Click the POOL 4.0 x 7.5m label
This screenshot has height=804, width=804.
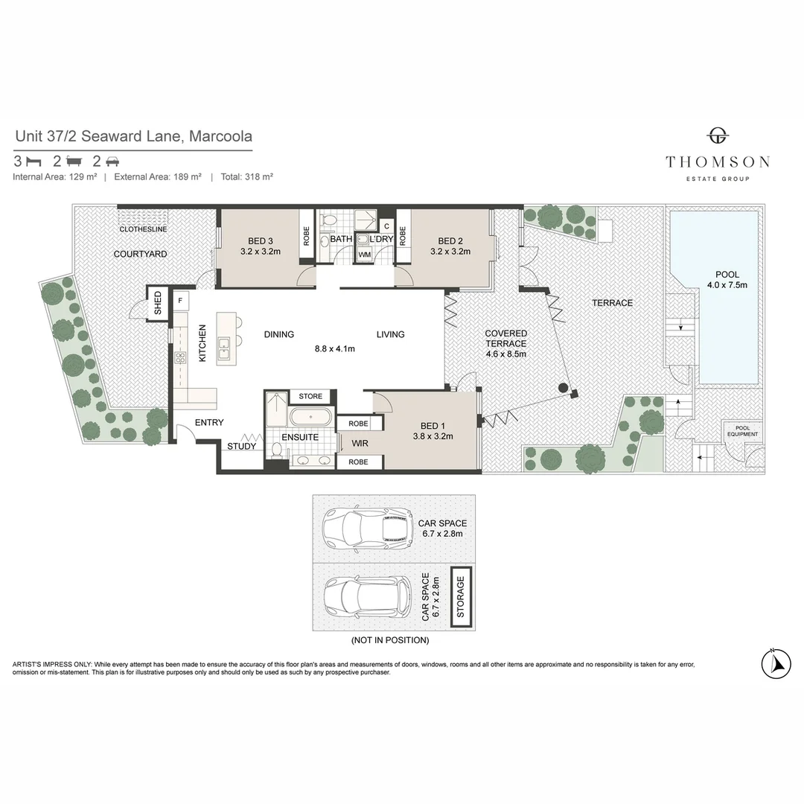click(x=727, y=279)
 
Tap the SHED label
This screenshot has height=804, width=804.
click(x=158, y=302)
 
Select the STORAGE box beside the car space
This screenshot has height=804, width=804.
click(x=461, y=597)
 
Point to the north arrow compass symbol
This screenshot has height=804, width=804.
click(x=776, y=664)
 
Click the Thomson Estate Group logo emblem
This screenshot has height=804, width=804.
click(x=718, y=136)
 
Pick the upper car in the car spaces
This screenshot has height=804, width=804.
click(x=368, y=528)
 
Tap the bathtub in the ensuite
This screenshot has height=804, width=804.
click(x=310, y=416)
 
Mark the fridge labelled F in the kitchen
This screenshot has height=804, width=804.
click(x=180, y=301)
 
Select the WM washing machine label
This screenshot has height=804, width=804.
click(x=364, y=255)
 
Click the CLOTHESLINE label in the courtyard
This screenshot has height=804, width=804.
click(x=143, y=229)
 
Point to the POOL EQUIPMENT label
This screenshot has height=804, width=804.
click(x=742, y=431)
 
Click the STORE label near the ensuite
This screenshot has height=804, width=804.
click(x=310, y=396)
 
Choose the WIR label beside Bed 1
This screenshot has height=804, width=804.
click(x=360, y=443)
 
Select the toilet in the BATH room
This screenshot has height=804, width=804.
click(x=328, y=220)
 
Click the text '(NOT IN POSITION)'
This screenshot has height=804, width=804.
click(x=390, y=640)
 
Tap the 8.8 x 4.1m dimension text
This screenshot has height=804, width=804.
click(x=335, y=348)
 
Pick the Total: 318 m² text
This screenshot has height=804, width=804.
click(x=246, y=177)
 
